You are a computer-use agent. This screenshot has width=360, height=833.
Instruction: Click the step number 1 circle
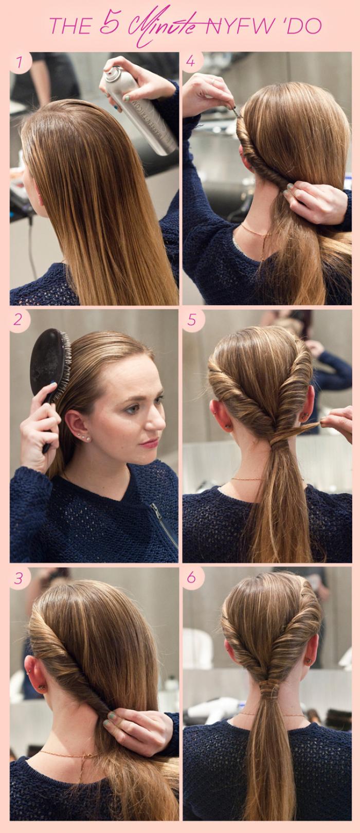tap(20, 62)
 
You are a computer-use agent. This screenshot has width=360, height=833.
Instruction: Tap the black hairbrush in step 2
tap(50, 376)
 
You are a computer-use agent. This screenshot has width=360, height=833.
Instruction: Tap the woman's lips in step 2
tap(150, 442)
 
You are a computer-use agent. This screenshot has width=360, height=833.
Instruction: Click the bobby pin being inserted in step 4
tap(237, 112)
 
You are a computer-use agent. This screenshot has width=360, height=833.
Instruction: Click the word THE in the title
tap(70, 26)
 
